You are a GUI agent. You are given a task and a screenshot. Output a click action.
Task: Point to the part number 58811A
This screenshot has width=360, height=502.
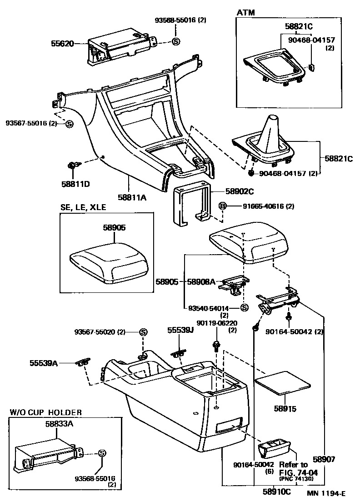[131, 197]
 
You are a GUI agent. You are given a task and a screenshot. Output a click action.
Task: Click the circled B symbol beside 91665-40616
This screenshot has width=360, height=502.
[222, 206]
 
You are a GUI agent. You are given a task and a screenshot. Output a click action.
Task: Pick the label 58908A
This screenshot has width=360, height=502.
[201, 282]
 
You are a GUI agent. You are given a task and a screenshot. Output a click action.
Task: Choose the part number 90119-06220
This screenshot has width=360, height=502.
[217, 323]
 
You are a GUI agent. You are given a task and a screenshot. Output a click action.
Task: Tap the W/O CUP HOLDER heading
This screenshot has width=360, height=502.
[46, 412]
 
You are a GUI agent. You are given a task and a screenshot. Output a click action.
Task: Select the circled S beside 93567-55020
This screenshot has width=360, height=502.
[143, 332]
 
